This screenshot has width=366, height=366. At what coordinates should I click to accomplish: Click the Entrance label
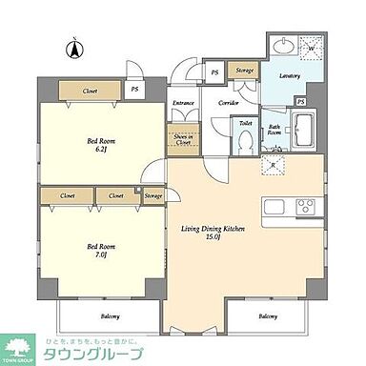point(183,103)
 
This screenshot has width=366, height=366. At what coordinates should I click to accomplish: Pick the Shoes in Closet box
point(182,137)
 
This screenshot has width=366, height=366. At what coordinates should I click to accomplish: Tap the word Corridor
point(228,101)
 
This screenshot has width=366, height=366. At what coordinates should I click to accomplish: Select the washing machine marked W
point(312,44)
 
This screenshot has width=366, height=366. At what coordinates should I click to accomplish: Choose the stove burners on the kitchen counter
point(307,205)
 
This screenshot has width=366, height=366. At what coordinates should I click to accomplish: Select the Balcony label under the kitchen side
point(268,316)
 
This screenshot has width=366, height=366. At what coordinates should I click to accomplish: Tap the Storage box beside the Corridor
point(245,71)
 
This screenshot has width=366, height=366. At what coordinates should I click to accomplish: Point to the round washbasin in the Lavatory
point(281,45)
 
